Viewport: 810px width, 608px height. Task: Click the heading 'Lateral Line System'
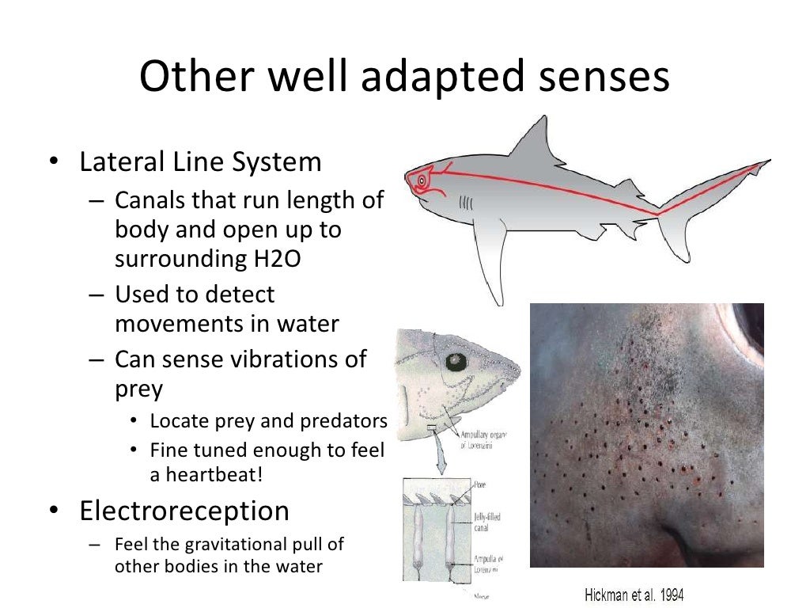pyautogui.click(x=200, y=161)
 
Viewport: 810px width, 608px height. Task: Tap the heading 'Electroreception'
pyautogui.click(x=184, y=511)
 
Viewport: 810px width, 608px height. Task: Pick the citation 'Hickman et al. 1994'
pyautogui.click(x=634, y=594)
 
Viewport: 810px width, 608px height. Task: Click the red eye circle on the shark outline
pyautogui.click(x=421, y=180)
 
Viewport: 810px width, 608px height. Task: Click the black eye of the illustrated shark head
pyautogui.click(x=454, y=363)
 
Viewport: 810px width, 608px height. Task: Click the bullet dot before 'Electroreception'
pyautogui.click(x=52, y=511)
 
